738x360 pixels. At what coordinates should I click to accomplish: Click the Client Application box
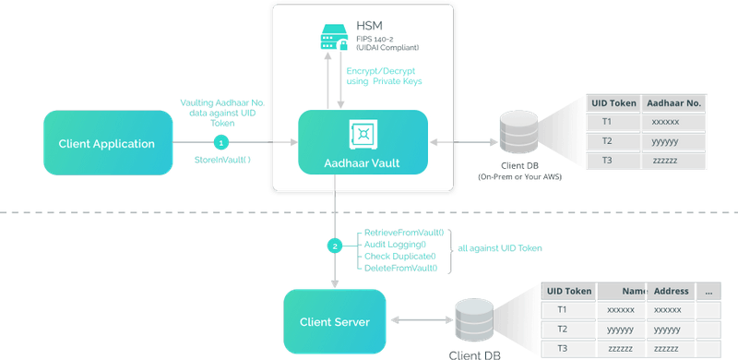click(107, 143)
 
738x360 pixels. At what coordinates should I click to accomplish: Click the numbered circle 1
click(220, 143)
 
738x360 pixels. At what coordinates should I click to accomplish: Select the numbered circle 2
click(336, 246)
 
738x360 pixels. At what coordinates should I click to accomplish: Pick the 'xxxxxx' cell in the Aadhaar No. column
click(665, 122)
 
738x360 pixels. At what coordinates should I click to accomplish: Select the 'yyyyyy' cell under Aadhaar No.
click(665, 141)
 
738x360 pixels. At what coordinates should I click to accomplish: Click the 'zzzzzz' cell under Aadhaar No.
click(665, 160)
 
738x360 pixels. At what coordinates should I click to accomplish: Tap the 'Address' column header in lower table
click(671, 291)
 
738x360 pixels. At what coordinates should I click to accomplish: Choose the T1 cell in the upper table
click(606, 122)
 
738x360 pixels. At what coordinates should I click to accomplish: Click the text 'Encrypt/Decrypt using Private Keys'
click(386, 76)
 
